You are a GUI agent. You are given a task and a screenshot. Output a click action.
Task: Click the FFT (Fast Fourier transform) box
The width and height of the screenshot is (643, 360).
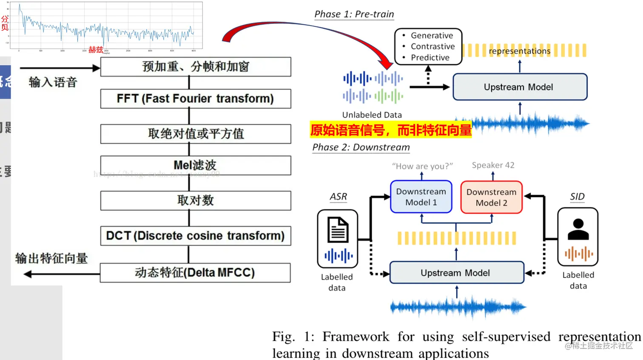[196, 99]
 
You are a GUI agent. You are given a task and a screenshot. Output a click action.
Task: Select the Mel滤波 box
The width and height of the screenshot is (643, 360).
[196, 165]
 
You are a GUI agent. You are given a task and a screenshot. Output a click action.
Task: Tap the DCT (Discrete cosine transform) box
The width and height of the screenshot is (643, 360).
[196, 236]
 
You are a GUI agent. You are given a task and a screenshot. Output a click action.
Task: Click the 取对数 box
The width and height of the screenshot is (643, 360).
[196, 200]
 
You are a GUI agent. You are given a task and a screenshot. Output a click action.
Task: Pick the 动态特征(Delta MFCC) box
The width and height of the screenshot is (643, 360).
[196, 273]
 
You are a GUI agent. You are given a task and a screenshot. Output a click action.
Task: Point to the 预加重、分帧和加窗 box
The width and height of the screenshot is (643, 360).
[196, 67]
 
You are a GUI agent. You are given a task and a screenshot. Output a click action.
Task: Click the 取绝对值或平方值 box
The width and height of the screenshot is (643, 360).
[196, 134]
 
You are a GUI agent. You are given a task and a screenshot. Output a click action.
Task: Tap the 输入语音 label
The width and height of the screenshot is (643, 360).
[53, 82]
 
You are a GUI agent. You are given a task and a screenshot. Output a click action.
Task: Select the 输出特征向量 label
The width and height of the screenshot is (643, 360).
[51, 258]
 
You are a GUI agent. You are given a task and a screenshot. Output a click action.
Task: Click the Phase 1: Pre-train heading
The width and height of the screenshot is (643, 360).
[354, 14]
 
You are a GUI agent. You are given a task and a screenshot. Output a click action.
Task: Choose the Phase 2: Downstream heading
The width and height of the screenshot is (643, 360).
[361, 147]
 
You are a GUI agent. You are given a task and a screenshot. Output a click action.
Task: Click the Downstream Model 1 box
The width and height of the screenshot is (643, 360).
[421, 197]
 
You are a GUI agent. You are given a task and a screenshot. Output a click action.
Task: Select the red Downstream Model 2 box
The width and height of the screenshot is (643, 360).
[492, 197]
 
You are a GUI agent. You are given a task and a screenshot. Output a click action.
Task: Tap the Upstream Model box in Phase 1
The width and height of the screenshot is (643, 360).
[520, 87]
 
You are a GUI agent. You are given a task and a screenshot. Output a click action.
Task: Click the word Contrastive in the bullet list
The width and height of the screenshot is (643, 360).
[432, 46]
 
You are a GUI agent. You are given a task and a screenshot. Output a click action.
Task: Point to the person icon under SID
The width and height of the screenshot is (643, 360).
[578, 229]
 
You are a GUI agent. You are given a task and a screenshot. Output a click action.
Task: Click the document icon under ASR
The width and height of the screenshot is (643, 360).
[338, 230]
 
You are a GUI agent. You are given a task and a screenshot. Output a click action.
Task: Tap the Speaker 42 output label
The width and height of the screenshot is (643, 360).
[493, 165]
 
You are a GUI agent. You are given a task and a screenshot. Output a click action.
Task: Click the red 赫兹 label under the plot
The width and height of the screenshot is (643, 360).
[96, 49]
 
